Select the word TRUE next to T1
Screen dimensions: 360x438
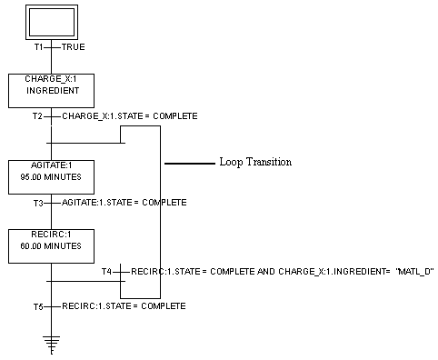tap(73, 46)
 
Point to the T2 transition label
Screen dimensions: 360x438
tap(37, 116)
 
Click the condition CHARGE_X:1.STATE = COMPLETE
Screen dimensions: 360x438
tap(129, 116)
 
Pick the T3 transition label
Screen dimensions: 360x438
tap(37, 202)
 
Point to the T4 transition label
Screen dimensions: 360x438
tap(107, 272)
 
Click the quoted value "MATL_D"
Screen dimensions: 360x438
tap(415, 272)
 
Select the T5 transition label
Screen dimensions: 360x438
tap(37, 306)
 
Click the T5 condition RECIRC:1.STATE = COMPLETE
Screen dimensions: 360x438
tap(124, 306)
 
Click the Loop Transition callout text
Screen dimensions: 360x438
tap(255, 163)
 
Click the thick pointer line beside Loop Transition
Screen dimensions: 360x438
tap(188, 163)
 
